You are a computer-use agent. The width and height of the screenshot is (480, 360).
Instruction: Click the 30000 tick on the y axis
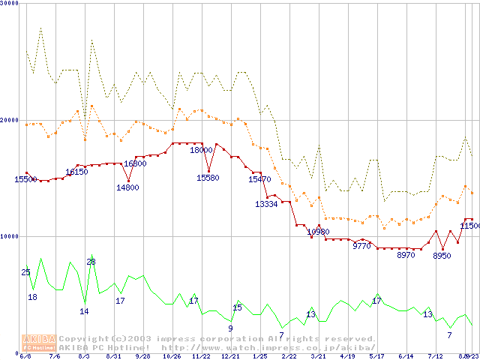coord(10,4)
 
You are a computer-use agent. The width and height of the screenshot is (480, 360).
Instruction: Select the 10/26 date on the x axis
coord(172,356)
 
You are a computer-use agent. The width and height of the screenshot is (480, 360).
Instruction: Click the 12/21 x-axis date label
coord(230,356)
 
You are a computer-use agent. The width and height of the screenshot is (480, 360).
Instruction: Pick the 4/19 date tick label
coord(347,356)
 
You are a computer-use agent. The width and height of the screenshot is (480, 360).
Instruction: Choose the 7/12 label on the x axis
coord(435,356)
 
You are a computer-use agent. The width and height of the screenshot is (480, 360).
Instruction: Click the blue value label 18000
coord(201,150)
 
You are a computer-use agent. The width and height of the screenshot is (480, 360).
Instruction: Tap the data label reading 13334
coord(266,204)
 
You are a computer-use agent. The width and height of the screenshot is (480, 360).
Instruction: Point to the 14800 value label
coord(127,187)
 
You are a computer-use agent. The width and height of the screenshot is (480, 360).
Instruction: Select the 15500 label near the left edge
coord(26,179)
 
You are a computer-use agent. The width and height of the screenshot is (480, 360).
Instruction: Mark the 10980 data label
coord(318,232)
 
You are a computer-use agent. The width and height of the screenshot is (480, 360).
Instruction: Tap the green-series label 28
coord(91,262)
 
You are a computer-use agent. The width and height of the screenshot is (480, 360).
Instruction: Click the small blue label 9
coord(230,328)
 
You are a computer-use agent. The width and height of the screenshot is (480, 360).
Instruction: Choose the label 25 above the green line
coord(26,272)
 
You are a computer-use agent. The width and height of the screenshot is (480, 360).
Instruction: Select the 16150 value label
coord(76,172)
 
